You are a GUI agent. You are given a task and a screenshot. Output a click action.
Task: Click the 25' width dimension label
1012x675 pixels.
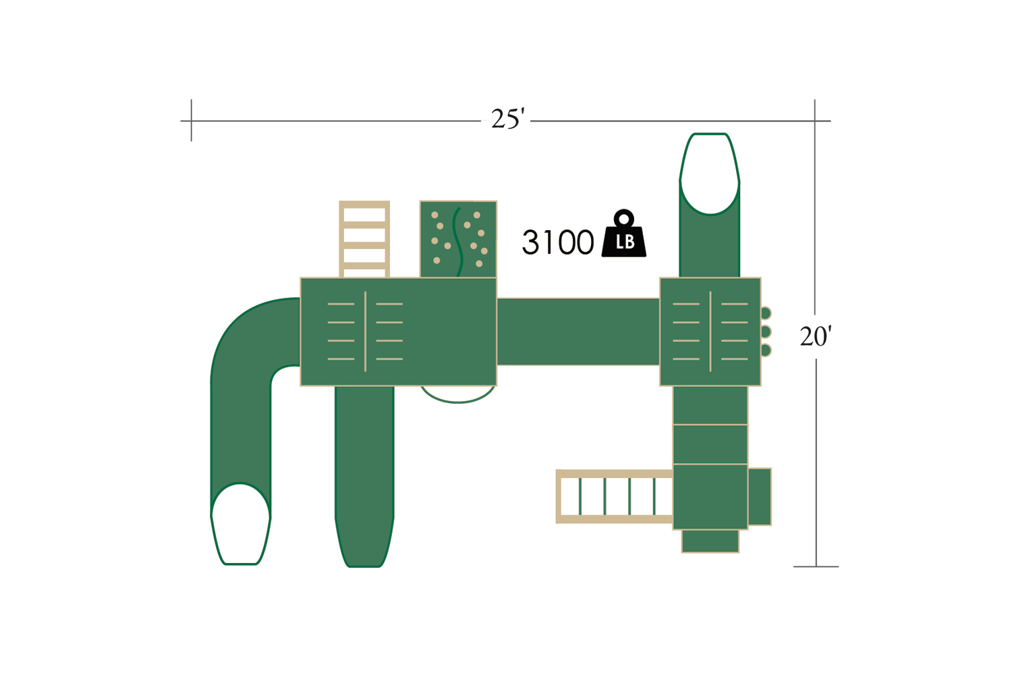(x=508, y=119)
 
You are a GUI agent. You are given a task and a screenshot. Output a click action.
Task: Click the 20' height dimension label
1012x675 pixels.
(x=816, y=336)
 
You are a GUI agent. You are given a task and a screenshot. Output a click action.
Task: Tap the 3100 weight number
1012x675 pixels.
(x=557, y=242)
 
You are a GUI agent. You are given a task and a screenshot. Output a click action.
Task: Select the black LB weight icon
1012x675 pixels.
(x=624, y=234)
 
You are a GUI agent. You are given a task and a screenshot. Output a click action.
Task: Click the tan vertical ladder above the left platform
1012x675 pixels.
(x=364, y=239)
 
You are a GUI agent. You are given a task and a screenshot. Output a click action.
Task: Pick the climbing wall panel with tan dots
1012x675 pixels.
(x=458, y=239)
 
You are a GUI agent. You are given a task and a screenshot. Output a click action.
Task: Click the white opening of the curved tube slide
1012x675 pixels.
(x=240, y=524)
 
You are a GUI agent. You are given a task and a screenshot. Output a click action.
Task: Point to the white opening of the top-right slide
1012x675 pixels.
(x=710, y=173)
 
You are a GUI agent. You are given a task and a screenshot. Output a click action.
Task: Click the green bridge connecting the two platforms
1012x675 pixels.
(x=578, y=331)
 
